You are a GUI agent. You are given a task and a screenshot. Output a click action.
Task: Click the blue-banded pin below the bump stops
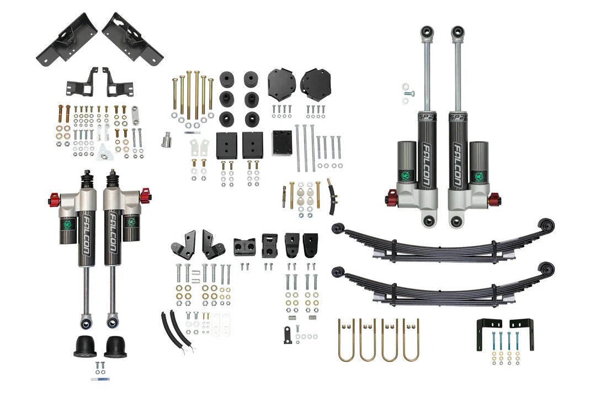pyautogui.click(x=100, y=379)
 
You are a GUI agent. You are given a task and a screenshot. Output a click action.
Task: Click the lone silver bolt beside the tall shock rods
pyautogui.click(x=408, y=94)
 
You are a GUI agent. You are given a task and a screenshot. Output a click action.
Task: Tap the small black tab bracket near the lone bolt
pyautogui.click(x=288, y=335)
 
